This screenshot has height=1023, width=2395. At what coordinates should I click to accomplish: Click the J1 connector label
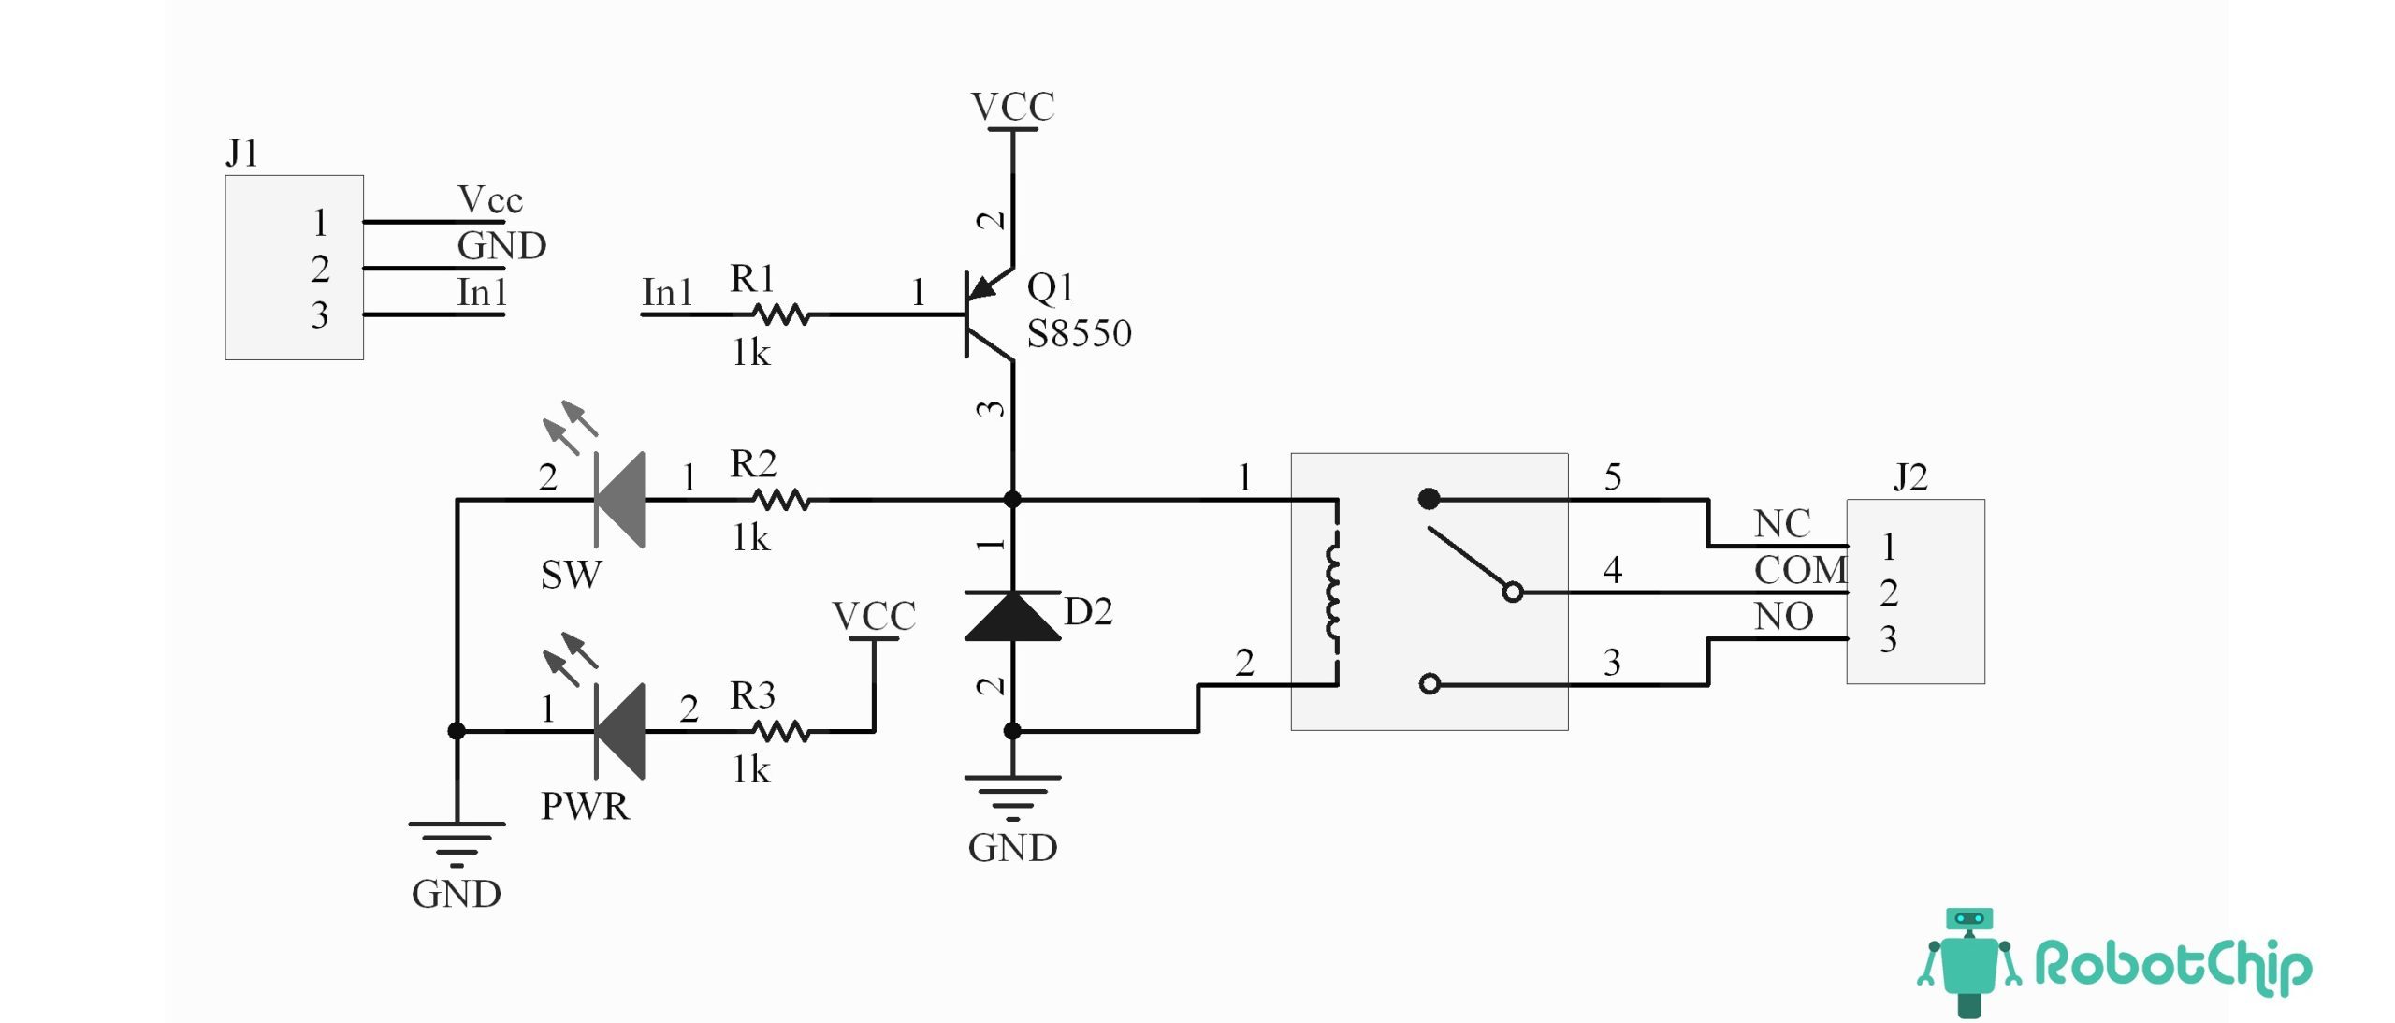[241, 153]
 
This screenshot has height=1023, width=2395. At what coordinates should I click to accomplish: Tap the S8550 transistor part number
[1079, 334]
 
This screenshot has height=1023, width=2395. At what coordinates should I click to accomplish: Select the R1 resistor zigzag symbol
[781, 314]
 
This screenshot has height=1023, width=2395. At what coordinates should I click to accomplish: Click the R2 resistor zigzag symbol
[781, 500]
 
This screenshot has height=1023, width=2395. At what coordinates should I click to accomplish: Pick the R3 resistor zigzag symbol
[781, 731]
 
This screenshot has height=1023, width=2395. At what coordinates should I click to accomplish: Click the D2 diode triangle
[1012, 617]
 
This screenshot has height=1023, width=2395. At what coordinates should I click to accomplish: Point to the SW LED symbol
[620, 500]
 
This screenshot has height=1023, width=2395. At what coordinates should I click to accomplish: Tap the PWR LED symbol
[620, 731]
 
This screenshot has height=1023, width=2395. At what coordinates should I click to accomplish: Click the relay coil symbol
[1333, 592]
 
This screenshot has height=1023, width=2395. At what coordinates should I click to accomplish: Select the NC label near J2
[1782, 524]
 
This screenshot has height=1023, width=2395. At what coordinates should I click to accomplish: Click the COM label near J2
[1800, 570]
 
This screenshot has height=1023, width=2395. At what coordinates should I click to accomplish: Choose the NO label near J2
[1783, 617]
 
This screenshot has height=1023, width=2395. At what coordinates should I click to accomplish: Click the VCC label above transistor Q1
[1012, 107]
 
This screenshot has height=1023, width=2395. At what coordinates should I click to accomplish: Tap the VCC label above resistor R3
[874, 617]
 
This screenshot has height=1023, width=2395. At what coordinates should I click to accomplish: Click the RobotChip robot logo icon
[1969, 962]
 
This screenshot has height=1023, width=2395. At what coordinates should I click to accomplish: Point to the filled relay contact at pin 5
[1429, 499]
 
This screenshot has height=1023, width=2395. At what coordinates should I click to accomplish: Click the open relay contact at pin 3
[1430, 684]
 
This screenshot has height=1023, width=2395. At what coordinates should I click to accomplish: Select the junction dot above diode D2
[1012, 500]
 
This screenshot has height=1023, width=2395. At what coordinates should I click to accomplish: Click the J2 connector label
[1910, 477]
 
